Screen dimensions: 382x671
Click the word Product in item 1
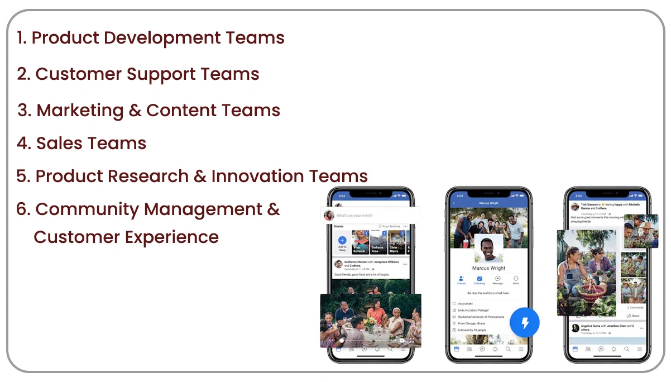[x=65, y=38]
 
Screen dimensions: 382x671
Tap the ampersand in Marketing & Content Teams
[x=135, y=110]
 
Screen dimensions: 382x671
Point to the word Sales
[x=60, y=144]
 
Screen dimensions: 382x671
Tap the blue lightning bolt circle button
[x=525, y=322]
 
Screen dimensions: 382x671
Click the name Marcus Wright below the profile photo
[x=488, y=268]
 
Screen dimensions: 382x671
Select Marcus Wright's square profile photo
[x=488, y=248]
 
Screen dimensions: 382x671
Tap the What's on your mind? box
[x=368, y=215]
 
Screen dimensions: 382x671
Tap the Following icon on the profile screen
[x=480, y=279]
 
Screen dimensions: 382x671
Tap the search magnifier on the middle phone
[x=508, y=349]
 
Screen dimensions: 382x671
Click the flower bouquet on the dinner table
[x=370, y=322]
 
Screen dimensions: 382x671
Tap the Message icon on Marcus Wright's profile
[x=497, y=279]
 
